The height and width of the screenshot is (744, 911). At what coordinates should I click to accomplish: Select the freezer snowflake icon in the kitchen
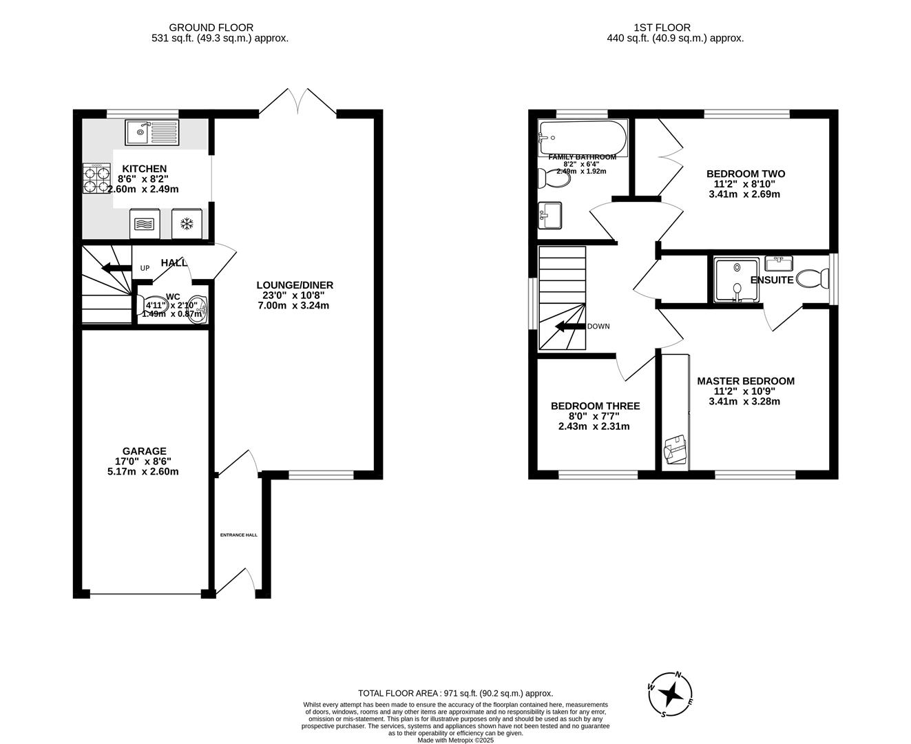pos(185,223)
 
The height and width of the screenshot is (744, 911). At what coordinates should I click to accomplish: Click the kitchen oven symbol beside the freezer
pos(145,223)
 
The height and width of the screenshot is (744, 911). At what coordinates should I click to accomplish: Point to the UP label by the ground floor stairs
pos(145,268)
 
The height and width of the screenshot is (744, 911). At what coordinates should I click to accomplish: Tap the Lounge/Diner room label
pos(295,285)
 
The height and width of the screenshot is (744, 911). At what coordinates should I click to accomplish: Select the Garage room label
pos(145,451)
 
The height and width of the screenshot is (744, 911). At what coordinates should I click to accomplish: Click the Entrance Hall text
pos(238,535)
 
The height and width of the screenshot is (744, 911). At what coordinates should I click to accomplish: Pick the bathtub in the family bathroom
pos(583,137)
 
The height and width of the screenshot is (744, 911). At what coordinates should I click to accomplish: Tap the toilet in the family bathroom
pos(554,179)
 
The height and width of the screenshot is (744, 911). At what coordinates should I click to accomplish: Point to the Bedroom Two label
pos(745,174)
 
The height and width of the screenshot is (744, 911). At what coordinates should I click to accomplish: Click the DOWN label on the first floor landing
pos(598,327)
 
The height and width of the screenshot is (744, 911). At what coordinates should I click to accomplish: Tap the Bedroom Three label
pos(595,406)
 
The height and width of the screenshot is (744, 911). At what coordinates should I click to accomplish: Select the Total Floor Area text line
pos(455,694)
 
